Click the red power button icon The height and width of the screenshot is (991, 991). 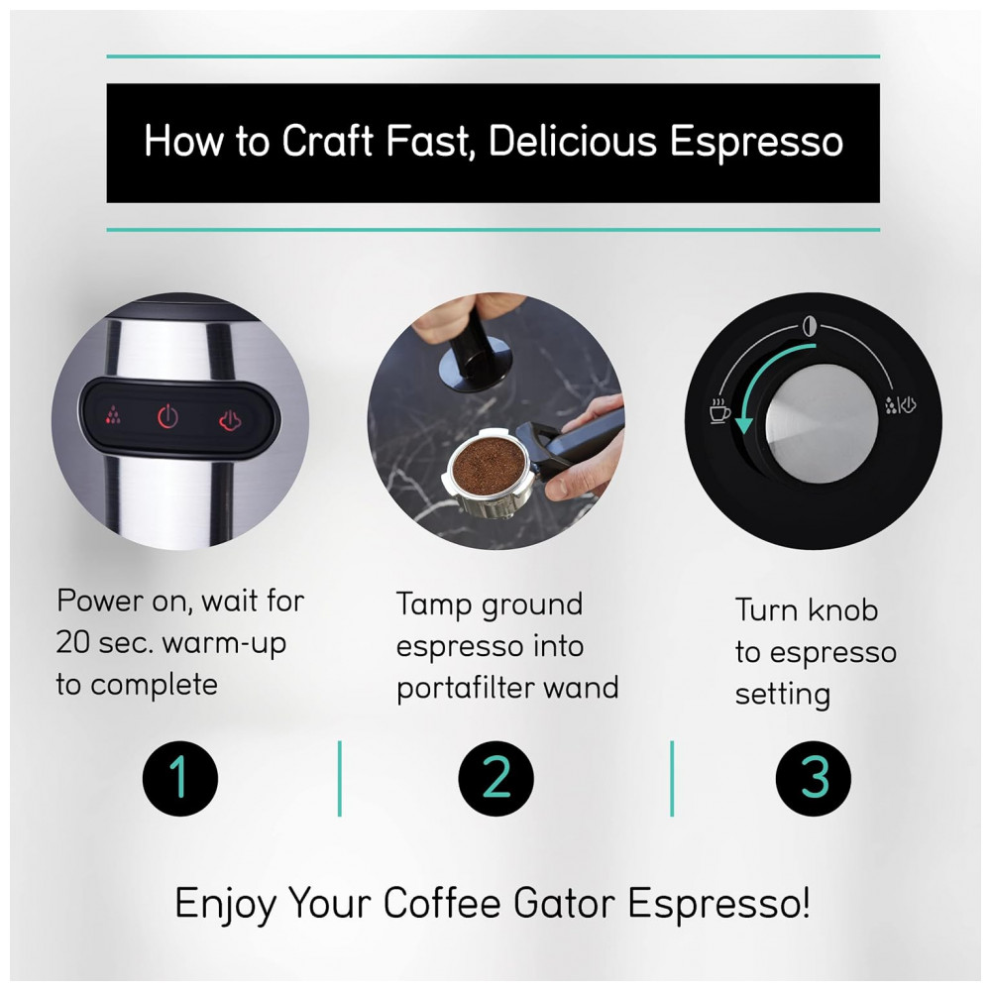(167, 416)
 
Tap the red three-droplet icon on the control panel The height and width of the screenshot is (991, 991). (113, 414)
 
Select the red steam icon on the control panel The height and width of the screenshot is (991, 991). (230, 420)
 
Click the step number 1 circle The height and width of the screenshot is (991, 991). (180, 778)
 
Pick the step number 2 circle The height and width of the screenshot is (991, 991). (496, 778)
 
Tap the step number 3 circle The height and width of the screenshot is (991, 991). (814, 778)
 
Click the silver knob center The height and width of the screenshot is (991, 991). (822, 421)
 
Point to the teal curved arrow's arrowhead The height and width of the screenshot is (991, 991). (744, 422)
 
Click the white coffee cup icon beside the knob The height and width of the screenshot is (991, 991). (719, 411)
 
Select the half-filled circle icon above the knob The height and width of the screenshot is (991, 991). (810, 326)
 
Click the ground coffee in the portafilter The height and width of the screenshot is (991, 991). (486, 465)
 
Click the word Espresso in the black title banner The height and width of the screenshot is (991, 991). (756, 142)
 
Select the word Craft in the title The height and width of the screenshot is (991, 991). (327, 141)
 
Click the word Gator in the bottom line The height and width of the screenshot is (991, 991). (564, 903)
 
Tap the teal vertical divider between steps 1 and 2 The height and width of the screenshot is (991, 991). (339, 779)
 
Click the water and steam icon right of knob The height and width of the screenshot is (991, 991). (900, 405)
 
